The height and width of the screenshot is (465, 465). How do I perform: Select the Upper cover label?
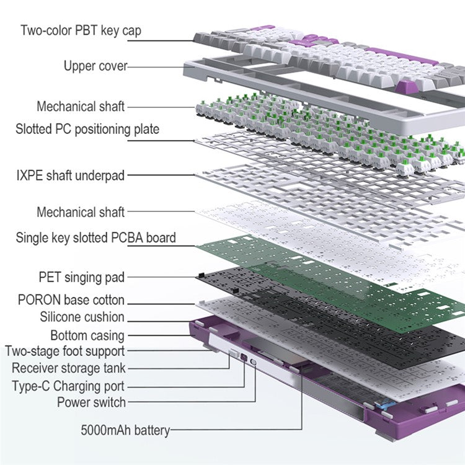95,66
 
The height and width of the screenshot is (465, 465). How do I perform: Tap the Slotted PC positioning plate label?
87,129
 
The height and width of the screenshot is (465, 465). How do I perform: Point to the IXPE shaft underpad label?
70,175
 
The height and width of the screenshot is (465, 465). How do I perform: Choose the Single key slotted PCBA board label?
95,237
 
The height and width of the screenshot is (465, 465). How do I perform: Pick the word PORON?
39,300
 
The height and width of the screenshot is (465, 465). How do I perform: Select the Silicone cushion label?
82,317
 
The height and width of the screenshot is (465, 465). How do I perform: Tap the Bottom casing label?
87,336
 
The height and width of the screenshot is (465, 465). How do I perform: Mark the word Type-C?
31,386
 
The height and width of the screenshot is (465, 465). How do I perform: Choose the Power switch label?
91,402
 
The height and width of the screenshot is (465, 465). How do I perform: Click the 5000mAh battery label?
125,430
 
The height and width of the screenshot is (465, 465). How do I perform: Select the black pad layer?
310,322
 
